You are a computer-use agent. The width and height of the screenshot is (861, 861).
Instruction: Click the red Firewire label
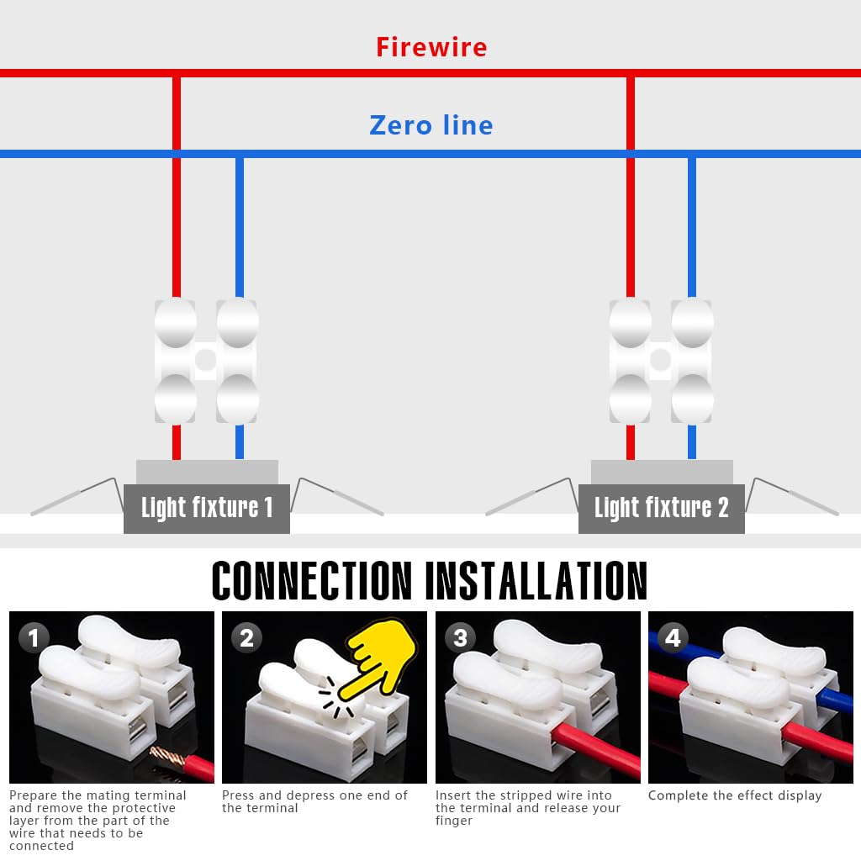[430, 47]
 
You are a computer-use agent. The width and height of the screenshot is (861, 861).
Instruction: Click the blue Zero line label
[430, 125]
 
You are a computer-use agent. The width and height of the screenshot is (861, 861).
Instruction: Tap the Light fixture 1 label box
[207, 508]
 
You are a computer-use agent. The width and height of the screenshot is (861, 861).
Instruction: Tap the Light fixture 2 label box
[661, 508]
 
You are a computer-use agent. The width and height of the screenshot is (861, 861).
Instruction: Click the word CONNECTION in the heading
[312, 580]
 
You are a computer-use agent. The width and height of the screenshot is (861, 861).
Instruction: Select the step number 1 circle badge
[34, 638]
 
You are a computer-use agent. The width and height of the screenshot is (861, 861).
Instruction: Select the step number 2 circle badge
[246, 638]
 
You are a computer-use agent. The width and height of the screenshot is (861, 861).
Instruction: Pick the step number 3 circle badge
[460, 638]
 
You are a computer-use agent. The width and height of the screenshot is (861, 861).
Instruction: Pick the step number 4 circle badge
[673, 638]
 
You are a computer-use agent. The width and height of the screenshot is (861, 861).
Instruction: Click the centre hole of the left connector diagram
[205, 360]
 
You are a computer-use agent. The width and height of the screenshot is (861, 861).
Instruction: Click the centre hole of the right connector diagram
[660, 360]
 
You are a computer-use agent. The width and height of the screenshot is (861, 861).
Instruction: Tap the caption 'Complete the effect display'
[735, 795]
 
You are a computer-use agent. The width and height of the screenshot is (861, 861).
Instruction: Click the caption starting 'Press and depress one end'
[314, 801]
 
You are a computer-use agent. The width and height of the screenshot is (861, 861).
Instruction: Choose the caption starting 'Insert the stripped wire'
[528, 807]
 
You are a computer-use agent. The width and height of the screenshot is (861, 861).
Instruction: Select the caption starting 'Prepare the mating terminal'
[98, 820]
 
